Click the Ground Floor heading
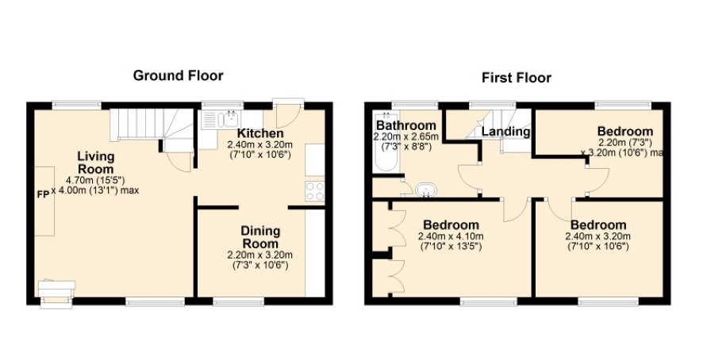[x=178, y=76]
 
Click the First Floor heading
[x=517, y=78]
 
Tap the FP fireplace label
[x=44, y=196]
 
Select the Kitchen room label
[x=260, y=133]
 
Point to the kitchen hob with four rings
[x=315, y=191]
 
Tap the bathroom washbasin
[x=425, y=190]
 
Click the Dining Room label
[x=260, y=238]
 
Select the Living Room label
[x=96, y=163]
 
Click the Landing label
[x=505, y=132]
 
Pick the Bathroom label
[x=405, y=125]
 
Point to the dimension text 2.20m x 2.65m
[x=406, y=136]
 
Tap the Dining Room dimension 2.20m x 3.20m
[x=260, y=255]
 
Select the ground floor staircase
[x=152, y=128]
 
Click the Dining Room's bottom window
[x=239, y=303]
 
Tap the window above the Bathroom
[x=414, y=105]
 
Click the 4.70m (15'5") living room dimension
[x=95, y=181]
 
